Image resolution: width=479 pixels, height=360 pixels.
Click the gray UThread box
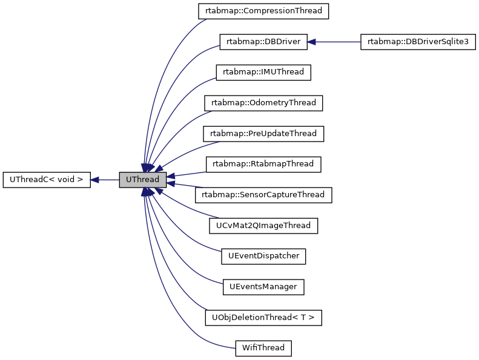(142, 180)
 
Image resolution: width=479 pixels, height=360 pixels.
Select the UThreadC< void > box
(47, 180)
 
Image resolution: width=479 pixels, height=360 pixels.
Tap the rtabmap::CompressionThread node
(263, 11)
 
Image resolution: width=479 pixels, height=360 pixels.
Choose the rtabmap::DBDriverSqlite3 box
(418, 42)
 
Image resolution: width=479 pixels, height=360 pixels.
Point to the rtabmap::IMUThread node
(263, 72)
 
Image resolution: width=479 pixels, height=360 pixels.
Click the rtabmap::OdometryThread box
(263, 103)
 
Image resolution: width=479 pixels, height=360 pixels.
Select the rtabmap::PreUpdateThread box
(263, 133)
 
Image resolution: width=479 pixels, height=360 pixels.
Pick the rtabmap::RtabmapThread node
(263, 164)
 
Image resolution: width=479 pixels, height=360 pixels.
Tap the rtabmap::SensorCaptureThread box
(263, 195)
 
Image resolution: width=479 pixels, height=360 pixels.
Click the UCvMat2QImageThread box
(263, 226)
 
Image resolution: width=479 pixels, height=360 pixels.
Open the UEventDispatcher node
(263, 256)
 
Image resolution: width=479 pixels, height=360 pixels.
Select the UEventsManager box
(263, 287)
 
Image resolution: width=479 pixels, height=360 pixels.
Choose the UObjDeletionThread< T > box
(263, 318)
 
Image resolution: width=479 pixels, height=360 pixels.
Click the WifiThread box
(263, 349)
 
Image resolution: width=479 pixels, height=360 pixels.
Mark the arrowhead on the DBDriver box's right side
(311, 42)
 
